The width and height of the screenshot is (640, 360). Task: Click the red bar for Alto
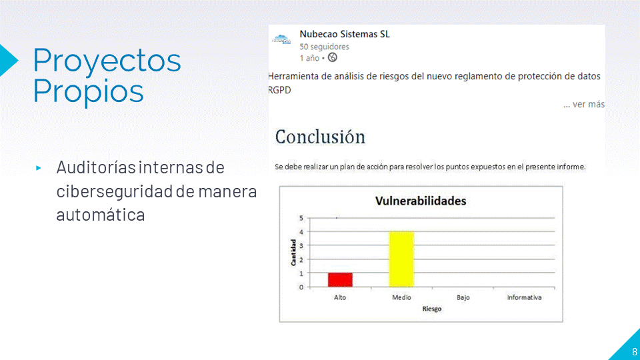pyautogui.click(x=340, y=279)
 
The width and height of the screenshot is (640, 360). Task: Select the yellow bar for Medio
pyautogui.click(x=401, y=259)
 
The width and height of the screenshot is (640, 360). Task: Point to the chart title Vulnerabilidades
pyautogui.click(x=421, y=201)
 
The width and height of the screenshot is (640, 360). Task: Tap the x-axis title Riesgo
pyautogui.click(x=432, y=309)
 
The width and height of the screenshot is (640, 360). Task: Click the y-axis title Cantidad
pyautogui.click(x=293, y=253)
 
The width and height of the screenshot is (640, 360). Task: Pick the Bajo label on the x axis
pyautogui.click(x=463, y=297)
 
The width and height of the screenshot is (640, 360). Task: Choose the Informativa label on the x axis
pyautogui.click(x=525, y=297)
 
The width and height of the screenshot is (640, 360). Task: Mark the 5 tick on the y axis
pyautogui.click(x=301, y=218)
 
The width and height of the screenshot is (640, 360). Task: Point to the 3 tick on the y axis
pyautogui.click(x=301, y=246)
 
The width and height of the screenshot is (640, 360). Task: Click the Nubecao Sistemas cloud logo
pyautogui.click(x=281, y=39)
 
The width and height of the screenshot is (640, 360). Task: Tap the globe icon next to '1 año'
pyautogui.click(x=333, y=57)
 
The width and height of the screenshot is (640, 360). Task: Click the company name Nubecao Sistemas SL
pyautogui.click(x=345, y=34)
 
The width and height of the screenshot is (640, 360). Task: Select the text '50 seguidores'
pyautogui.click(x=325, y=47)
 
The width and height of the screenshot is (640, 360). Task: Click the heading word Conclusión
pyautogui.click(x=320, y=137)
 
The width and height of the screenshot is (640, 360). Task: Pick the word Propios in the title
pyautogui.click(x=89, y=91)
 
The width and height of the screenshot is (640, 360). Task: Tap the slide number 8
pyautogui.click(x=634, y=351)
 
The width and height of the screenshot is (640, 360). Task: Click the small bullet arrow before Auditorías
pyautogui.click(x=39, y=168)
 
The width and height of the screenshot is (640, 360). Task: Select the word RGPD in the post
pyautogui.click(x=279, y=90)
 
